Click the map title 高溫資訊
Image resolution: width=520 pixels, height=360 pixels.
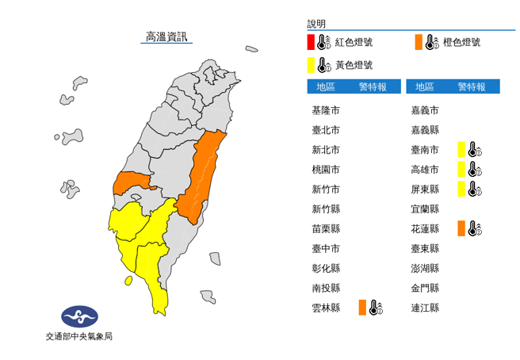point(166,36)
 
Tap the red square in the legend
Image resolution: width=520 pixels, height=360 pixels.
point(311,42)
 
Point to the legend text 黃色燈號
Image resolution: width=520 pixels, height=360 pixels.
point(354,65)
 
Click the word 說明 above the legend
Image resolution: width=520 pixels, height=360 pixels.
point(316,25)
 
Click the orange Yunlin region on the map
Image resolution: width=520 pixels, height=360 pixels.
point(132,183)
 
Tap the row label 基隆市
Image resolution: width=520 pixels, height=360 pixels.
point(327,110)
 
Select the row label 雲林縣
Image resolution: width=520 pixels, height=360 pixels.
point(327,308)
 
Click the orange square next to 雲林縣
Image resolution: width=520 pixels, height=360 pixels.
point(361,308)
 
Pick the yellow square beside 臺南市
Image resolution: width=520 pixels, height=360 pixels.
point(461,149)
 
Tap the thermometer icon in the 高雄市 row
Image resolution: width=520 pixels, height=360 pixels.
point(474,169)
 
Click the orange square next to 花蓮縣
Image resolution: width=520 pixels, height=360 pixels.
point(461,228)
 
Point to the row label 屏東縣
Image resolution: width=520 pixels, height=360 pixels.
point(425,189)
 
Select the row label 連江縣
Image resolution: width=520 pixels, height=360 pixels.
point(425,308)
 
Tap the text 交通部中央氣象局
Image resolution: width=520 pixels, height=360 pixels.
point(79,336)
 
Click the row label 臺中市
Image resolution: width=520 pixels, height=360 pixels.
point(327,248)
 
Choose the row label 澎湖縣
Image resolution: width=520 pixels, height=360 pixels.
point(425,268)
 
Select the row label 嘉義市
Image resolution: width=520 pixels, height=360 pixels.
point(425,110)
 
